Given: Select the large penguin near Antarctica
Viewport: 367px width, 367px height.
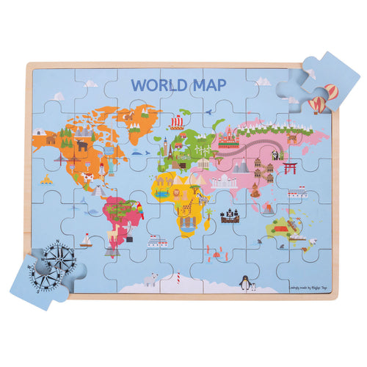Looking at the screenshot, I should (242, 282).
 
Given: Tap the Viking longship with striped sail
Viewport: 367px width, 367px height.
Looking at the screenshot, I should (176, 122).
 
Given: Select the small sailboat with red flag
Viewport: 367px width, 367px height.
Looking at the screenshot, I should (86, 239).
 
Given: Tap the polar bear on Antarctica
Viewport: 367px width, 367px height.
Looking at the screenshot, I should (151, 280).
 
